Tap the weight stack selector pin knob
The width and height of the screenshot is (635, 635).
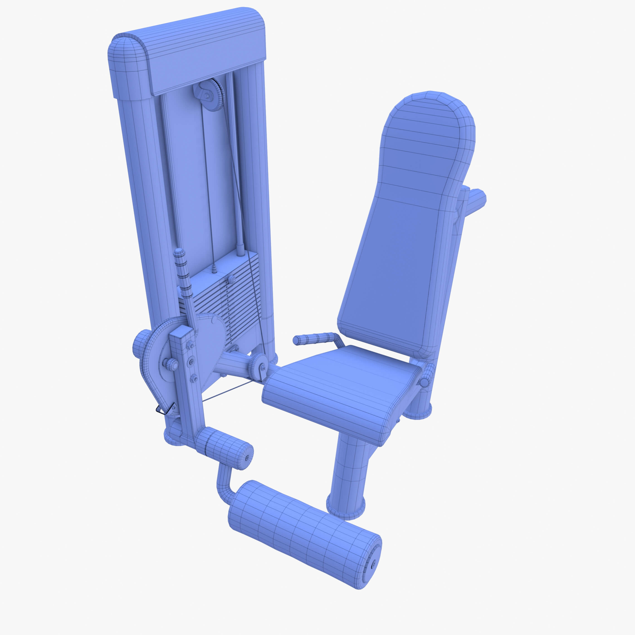click(231, 279)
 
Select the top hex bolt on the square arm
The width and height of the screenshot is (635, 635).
click(190, 345)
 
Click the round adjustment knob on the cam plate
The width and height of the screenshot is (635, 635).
click(171, 364)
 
